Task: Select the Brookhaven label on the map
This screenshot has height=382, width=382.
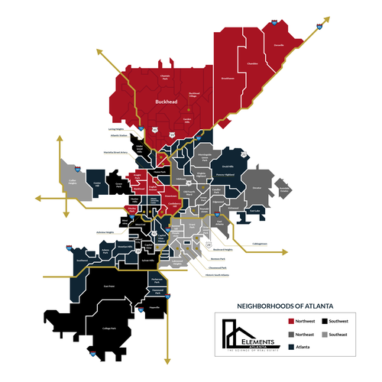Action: point(227,78)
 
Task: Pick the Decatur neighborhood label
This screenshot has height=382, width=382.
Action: point(257,186)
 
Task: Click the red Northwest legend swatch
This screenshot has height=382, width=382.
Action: point(290,321)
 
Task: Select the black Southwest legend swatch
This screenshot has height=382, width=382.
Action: point(325,321)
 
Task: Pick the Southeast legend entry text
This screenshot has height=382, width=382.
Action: point(343,334)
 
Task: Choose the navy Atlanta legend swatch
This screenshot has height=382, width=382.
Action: point(290,347)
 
